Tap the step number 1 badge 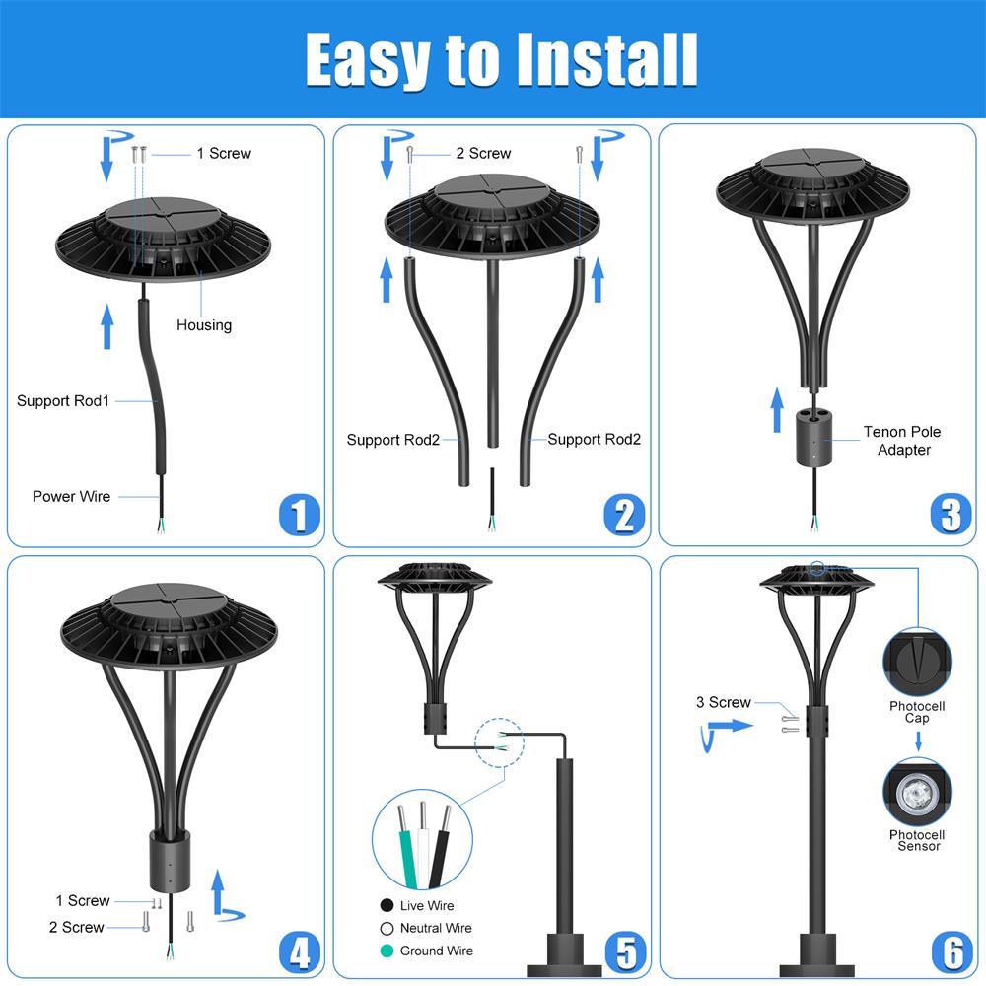tap(299, 515)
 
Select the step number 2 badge tap(624, 515)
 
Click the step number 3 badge tap(950, 515)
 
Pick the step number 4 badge tap(299, 952)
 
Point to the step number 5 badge tap(625, 952)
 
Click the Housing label tap(204, 325)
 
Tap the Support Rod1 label tap(63, 401)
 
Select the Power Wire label tap(71, 497)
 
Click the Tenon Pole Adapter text tap(902, 441)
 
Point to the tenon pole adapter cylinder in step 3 tap(813, 433)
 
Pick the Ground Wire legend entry tap(435, 951)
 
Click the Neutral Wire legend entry tap(435, 929)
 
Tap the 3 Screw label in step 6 tap(724, 703)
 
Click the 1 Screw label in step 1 tap(224, 154)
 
